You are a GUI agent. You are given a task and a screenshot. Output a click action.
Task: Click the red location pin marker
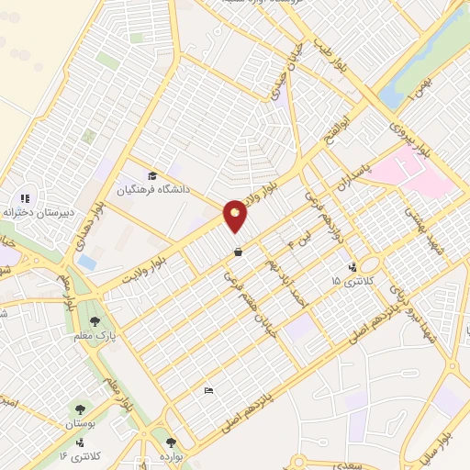pyautogui.click(x=235, y=216)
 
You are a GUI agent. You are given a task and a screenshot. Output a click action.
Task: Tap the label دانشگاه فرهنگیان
pyautogui.click(x=152, y=190)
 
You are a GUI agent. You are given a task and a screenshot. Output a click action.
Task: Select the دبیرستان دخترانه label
pyautogui.click(x=37, y=212)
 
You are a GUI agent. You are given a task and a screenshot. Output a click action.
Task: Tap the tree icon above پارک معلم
pyautogui.click(x=95, y=321)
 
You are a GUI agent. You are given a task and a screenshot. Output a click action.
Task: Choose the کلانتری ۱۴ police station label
pyautogui.click(x=81, y=454)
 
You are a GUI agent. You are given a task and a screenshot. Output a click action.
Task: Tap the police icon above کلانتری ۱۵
pyautogui.click(x=352, y=267)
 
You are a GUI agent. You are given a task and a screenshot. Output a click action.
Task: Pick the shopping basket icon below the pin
pyautogui.click(x=238, y=252)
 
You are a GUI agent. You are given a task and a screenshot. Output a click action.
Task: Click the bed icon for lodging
pyautogui.click(x=208, y=390)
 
